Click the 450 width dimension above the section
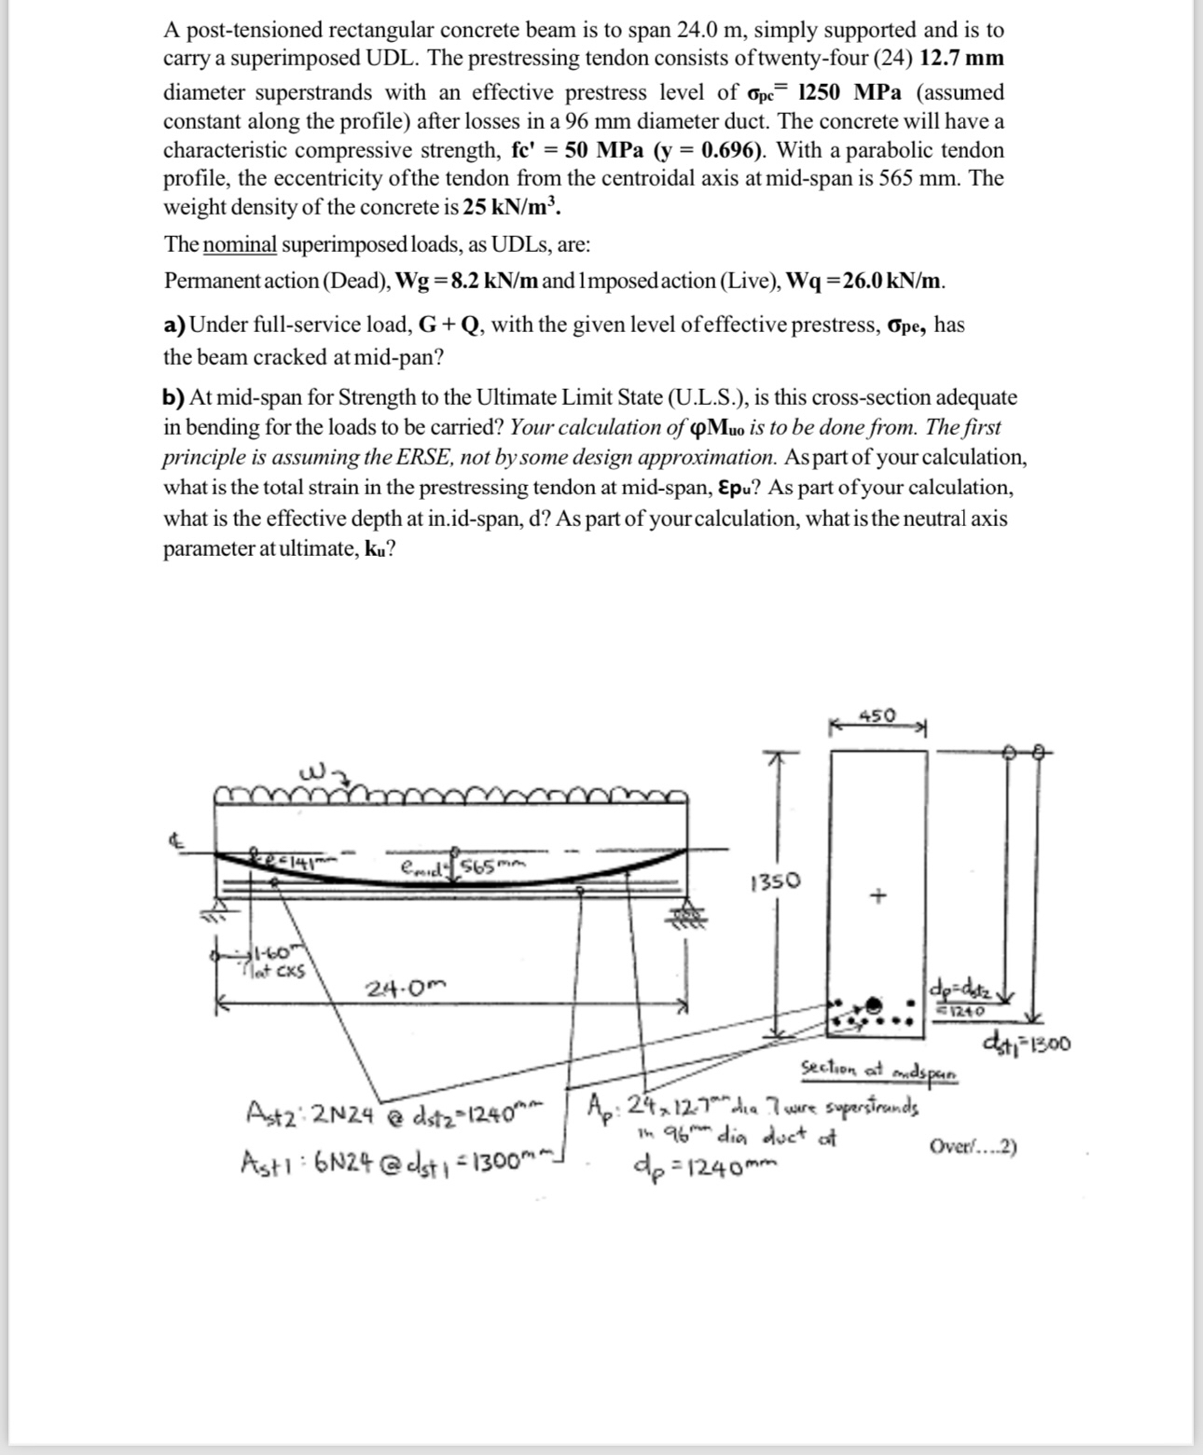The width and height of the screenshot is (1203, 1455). [x=877, y=716]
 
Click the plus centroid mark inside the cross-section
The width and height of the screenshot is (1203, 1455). [x=876, y=896]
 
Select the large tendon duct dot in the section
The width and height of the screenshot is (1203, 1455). [x=875, y=1005]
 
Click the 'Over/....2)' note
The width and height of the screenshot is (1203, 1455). [x=973, y=1146]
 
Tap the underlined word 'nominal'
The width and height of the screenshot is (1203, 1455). [x=240, y=245]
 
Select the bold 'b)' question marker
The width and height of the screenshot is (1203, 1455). [x=173, y=398]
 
